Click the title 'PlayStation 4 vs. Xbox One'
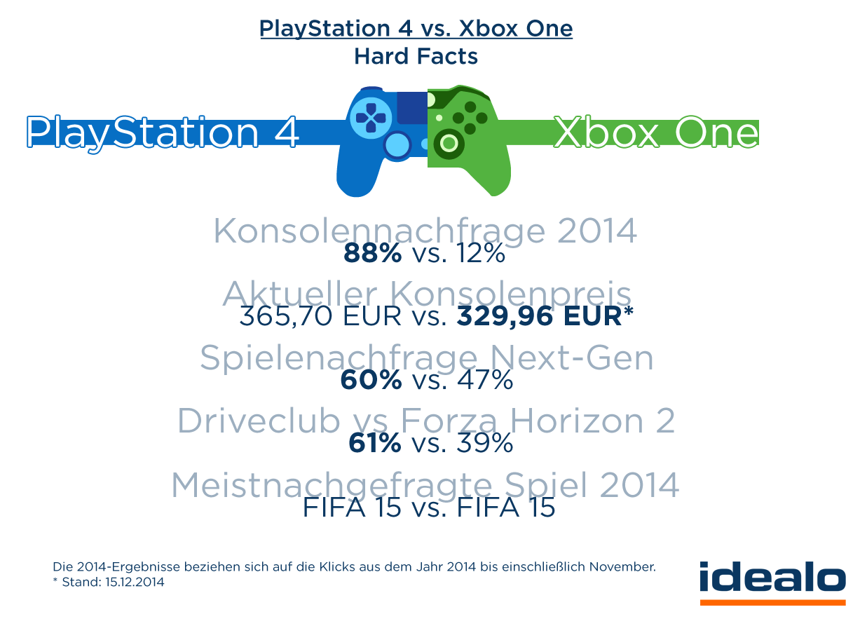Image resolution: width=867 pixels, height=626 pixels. point(416,29)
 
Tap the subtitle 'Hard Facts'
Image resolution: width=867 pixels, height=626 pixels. point(416,57)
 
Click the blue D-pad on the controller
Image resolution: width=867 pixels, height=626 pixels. point(370,118)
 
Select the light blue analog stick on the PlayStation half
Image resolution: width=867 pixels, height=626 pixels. point(397,146)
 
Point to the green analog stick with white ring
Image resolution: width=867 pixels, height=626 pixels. point(449,143)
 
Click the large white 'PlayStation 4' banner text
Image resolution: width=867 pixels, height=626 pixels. point(163,133)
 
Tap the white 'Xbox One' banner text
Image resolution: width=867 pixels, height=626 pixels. point(656,132)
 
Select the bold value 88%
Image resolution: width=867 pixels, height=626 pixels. point(372,254)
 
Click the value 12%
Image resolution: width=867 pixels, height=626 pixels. point(481,254)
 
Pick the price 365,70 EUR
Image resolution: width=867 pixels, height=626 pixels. point(320,316)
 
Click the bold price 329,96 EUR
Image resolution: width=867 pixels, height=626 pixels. point(540,316)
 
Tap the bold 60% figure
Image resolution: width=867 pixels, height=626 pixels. point(371,379)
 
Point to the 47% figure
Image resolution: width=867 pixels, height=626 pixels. point(485,379)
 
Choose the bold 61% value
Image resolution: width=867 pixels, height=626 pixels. point(375,443)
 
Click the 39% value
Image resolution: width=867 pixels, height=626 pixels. point(485,443)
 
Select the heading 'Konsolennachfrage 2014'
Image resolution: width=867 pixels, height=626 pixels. point(425,231)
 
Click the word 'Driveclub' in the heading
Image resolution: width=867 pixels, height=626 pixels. point(259,421)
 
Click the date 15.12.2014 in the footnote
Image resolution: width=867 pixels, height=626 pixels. point(135,583)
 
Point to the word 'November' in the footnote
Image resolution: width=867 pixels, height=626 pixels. point(622,567)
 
